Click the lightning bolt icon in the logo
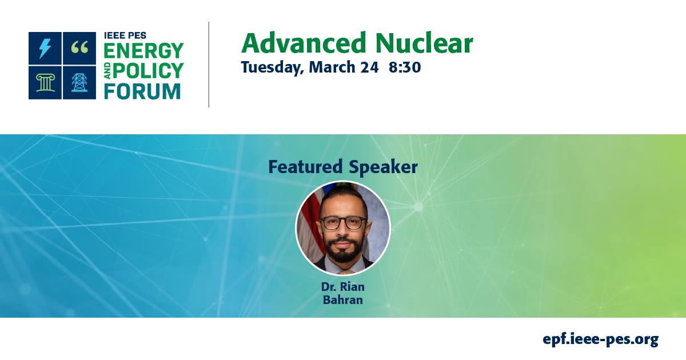tap(45, 49)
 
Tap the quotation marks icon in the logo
tap(79, 49)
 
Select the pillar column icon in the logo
tap(45, 83)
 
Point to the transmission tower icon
tap(79, 83)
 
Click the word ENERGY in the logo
tap(143, 51)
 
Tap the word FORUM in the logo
tap(142, 91)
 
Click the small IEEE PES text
tap(125, 36)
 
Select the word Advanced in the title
tap(302, 43)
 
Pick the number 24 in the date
tap(369, 67)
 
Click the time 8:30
tap(405, 67)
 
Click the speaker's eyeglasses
tap(343, 222)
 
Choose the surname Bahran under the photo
tap(342, 300)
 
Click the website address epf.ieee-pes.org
tap(600, 339)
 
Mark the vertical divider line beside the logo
tap(209, 65)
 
